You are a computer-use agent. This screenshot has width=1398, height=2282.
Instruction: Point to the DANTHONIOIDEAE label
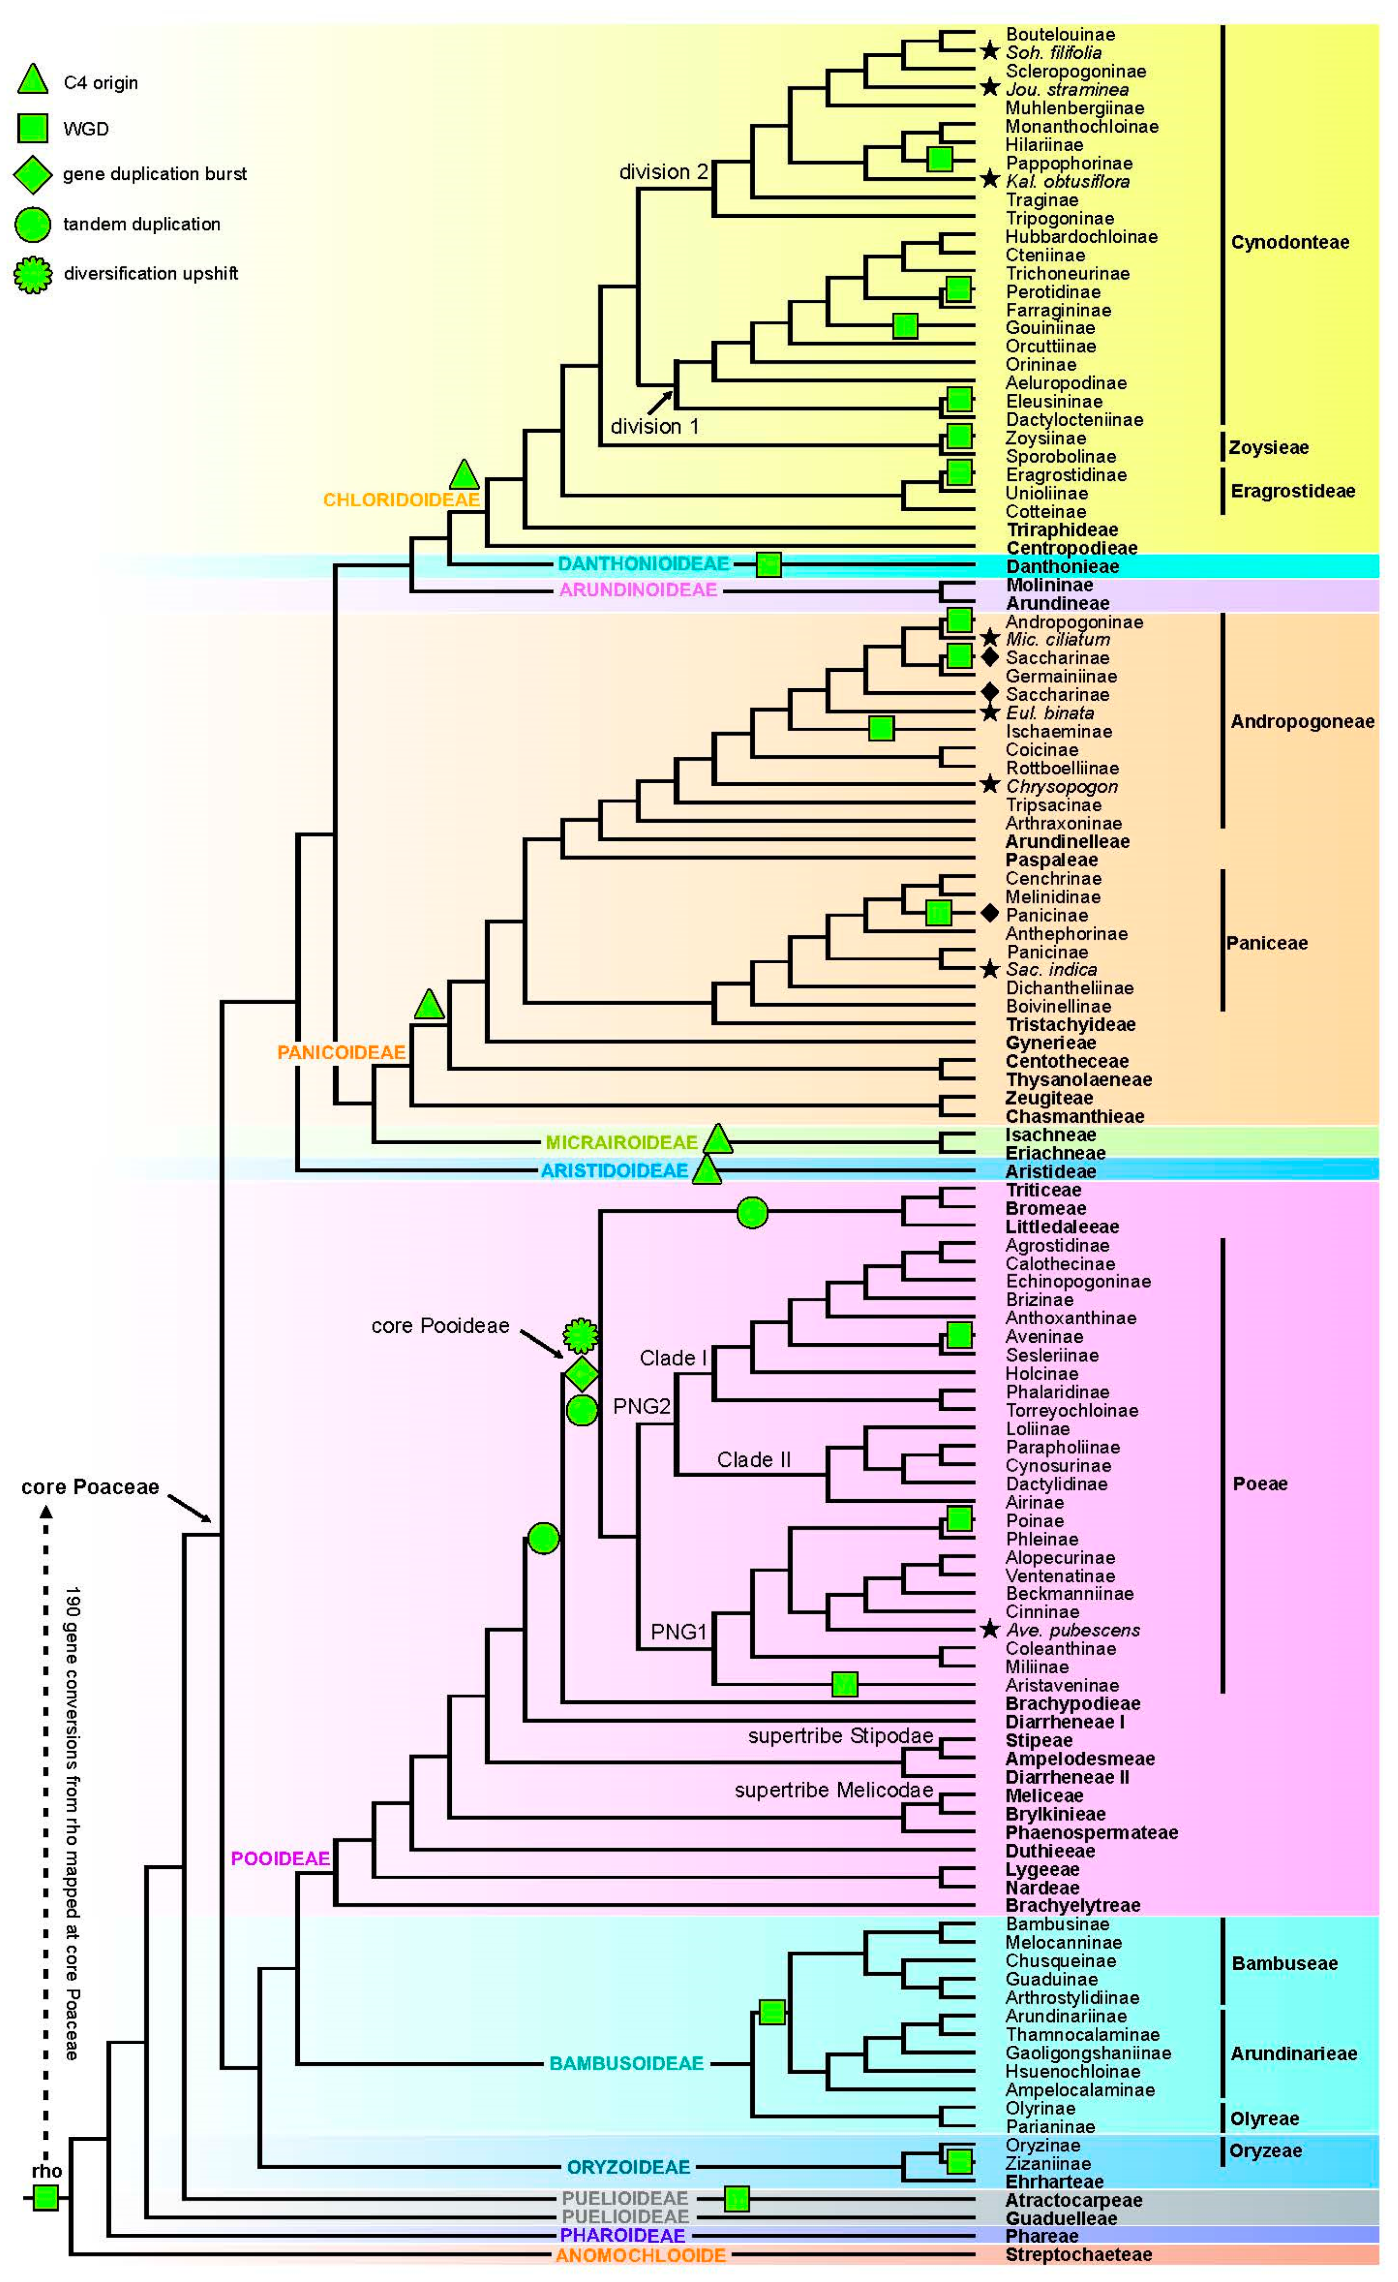(642, 564)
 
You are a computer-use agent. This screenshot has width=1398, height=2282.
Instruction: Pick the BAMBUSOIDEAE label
(626, 2063)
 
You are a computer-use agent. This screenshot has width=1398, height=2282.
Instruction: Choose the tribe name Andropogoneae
(1302, 722)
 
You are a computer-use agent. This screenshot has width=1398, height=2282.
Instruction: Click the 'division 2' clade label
(663, 172)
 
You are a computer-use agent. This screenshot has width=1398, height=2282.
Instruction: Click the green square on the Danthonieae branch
(769, 564)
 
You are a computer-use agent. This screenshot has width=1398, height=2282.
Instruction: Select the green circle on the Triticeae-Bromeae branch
(752, 1212)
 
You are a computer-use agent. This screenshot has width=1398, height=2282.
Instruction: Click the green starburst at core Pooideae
(581, 1335)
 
